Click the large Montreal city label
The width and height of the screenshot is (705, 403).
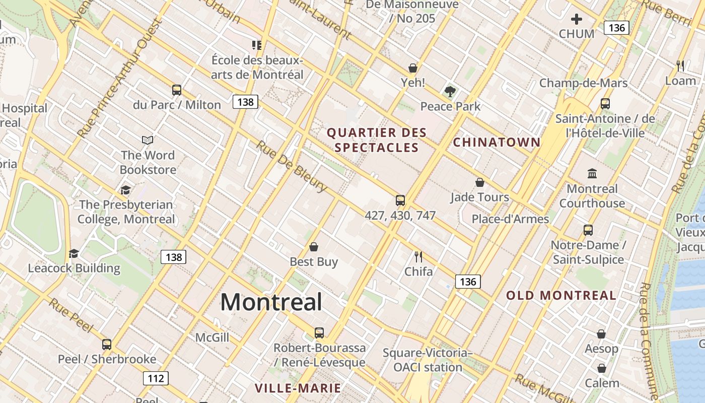point(271,302)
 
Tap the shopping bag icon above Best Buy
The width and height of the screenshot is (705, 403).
point(314,247)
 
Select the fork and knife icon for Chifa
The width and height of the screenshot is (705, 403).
point(418,257)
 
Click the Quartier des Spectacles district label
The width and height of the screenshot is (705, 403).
point(377,140)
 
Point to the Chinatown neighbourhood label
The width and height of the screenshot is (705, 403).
point(497,143)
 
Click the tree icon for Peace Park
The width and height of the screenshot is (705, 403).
point(450,92)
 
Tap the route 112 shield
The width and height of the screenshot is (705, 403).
point(156,378)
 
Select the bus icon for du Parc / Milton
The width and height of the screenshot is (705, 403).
point(176,90)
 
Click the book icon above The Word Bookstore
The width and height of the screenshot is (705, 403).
point(148,140)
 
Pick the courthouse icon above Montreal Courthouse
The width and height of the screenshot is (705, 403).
point(592,174)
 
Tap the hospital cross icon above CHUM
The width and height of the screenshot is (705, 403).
point(577,20)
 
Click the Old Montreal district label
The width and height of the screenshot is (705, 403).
point(561,296)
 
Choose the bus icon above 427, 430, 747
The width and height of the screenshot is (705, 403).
point(400,200)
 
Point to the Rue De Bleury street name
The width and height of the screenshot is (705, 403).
point(292,166)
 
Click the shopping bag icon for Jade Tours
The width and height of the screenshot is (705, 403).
point(480,182)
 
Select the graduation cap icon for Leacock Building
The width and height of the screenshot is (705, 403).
point(74,253)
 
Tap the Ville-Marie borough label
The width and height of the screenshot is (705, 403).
point(298,388)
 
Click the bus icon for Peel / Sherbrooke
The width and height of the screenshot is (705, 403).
point(107,345)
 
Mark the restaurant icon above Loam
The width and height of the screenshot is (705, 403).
point(680,65)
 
